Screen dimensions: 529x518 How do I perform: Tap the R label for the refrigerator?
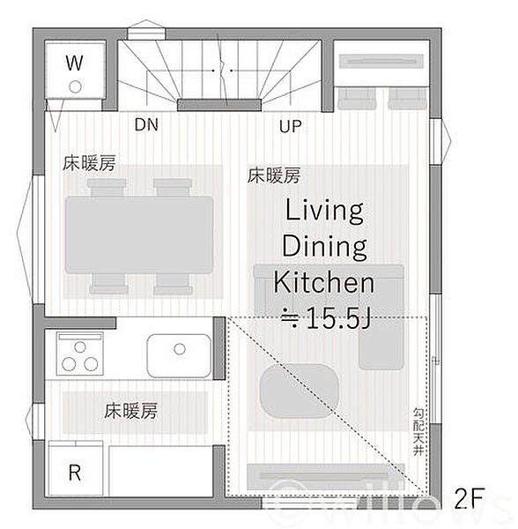75,472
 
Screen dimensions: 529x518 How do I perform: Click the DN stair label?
146,125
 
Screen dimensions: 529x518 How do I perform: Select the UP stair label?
291,126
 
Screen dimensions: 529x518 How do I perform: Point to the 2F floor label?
470,498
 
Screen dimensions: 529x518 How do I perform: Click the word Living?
323,212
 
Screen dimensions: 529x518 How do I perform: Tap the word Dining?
323,247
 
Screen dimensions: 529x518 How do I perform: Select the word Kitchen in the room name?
323,283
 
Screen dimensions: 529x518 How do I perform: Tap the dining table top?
138,234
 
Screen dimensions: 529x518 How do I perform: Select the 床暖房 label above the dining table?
89,164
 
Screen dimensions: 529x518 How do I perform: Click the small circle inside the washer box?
74,86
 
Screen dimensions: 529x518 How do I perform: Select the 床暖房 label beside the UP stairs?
273,175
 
